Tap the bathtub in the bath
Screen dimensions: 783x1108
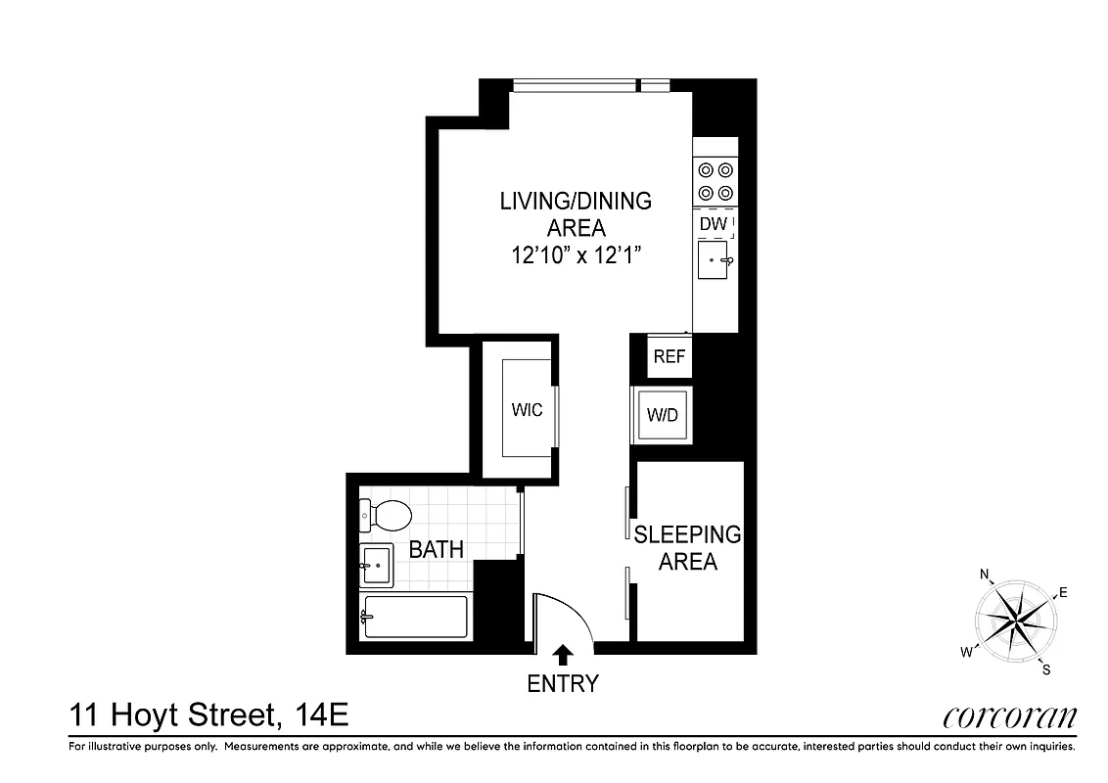tap(415, 617)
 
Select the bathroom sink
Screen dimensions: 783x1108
tap(375, 565)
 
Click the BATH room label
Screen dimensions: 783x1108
tap(437, 550)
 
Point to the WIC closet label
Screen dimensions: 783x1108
tap(527, 410)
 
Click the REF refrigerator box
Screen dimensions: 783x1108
tap(669, 357)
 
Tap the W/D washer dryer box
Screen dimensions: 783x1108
tap(663, 415)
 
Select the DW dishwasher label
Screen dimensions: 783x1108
tap(713, 225)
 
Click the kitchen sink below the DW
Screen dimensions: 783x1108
tap(713, 261)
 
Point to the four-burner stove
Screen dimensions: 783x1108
tap(715, 181)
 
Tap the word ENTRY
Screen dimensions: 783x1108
tap(563, 684)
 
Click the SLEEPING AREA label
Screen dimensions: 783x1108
tap(687, 548)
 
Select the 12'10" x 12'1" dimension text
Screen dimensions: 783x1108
tap(576, 254)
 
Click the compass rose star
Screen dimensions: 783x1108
tap(1015, 620)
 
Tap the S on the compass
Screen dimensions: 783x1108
tap(1045, 669)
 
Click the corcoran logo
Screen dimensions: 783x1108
tap(1009, 717)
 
